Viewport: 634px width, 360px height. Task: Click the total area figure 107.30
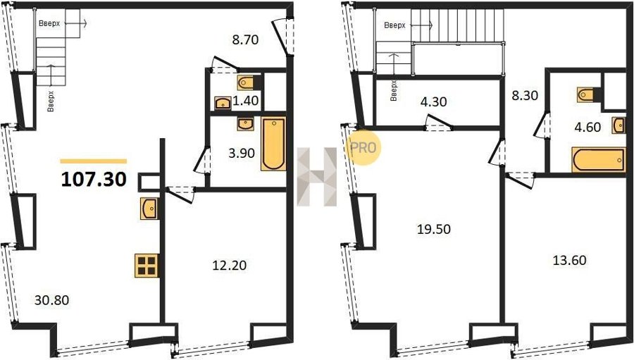tap(94, 179)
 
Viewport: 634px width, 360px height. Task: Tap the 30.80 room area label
tap(51, 300)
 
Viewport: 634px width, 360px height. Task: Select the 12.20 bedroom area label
tap(229, 266)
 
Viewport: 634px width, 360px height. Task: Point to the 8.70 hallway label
tap(245, 39)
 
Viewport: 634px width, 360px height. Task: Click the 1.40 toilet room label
tap(245, 100)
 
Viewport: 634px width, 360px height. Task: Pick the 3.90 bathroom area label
tap(242, 154)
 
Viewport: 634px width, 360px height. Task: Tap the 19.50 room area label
tap(434, 230)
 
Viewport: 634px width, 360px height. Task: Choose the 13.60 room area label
tap(569, 260)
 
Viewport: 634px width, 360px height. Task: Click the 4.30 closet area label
tap(433, 101)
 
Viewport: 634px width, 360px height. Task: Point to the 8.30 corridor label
tap(525, 96)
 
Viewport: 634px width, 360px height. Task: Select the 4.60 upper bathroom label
tap(588, 127)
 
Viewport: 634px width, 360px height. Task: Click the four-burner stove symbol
tap(147, 266)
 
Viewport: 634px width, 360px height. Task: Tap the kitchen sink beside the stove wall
tap(149, 209)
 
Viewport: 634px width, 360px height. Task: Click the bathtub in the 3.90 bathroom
tap(274, 144)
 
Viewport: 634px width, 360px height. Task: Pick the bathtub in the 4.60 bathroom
tap(599, 160)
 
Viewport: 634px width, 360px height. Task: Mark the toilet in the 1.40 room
tap(247, 83)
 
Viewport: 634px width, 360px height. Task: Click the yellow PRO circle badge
tap(363, 147)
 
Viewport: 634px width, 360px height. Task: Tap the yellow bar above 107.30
tap(94, 161)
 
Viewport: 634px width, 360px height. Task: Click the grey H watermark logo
tap(317, 177)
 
